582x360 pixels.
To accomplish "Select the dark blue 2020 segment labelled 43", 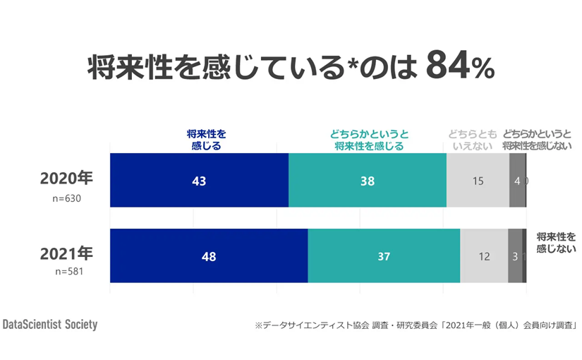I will coord(199,181).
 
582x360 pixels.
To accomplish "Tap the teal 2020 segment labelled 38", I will coord(367,181).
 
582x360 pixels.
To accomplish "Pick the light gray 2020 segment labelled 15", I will coord(478,181).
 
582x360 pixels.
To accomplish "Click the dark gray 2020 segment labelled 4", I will coord(517,181).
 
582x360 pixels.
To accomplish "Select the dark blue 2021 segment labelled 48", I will coord(209,256).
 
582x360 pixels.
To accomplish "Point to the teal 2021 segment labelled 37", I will coord(384,256).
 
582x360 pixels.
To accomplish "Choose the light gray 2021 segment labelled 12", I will coord(484,256).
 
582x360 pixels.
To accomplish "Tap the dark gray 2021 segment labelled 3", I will coord(515,256).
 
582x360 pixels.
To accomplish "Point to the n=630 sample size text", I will coord(67,198).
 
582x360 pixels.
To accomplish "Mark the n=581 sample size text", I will coord(67,271).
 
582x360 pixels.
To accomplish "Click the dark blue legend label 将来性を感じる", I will coord(206,140).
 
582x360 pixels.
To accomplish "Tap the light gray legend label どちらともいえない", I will coord(472,140).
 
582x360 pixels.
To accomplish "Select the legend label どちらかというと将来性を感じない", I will coord(538,140).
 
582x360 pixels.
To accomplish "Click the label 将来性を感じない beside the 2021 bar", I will coord(557,242).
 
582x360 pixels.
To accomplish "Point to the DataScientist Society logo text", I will coord(50,325).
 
